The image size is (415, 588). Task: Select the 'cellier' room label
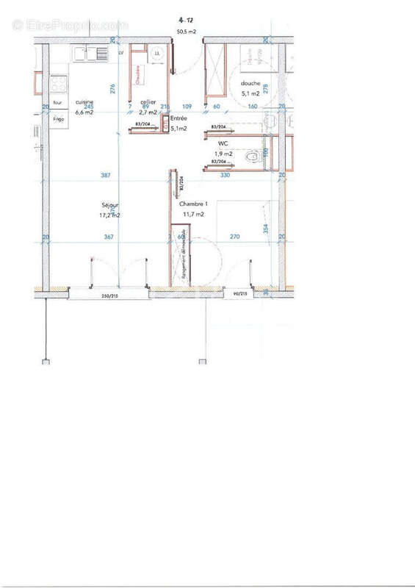pos(147,102)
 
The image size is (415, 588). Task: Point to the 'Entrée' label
pos(178,118)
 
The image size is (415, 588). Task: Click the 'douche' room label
pos(250,84)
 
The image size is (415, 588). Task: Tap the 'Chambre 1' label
pos(192,204)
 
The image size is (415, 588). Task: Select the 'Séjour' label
pos(110,205)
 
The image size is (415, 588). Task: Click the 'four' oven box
pos(57,103)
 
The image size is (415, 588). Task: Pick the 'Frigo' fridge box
pos(58,118)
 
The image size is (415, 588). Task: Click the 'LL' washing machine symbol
pos(157,53)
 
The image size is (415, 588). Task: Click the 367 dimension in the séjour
pos(108,237)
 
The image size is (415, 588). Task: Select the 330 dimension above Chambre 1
pos(225,175)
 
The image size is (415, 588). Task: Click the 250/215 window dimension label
pos(110,297)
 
